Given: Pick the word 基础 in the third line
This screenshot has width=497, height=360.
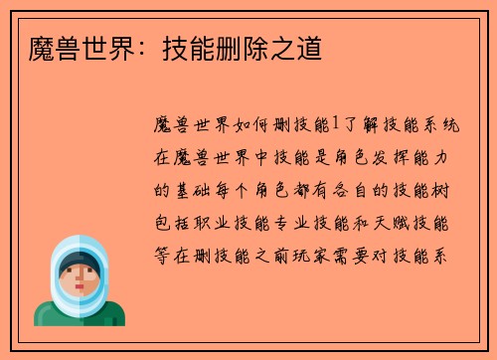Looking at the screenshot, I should (196, 190).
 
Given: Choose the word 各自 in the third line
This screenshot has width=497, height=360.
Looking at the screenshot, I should (369, 190).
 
